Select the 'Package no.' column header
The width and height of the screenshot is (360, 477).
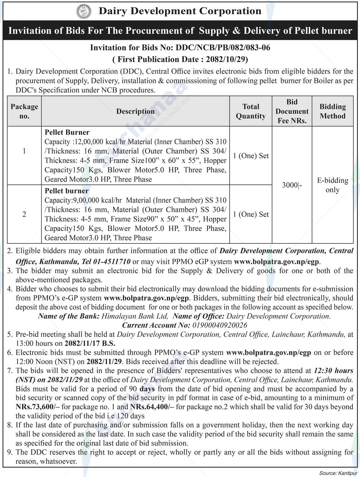click(x=24, y=111)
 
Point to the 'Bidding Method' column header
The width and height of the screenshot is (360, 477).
click(x=333, y=111)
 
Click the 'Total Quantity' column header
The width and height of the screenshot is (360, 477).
click(x=251, y=111)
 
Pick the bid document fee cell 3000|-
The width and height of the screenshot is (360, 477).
click(x=292, y=185)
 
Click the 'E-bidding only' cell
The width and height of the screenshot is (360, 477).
click(x=333, y=185)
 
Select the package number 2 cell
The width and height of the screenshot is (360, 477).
click(x=24, y=214)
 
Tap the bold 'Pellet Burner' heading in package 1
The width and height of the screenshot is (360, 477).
click(x=67, y=132)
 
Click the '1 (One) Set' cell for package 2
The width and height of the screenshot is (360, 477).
click(x=251, y=214)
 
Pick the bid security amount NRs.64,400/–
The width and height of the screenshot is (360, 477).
click(x=149, y=407)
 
